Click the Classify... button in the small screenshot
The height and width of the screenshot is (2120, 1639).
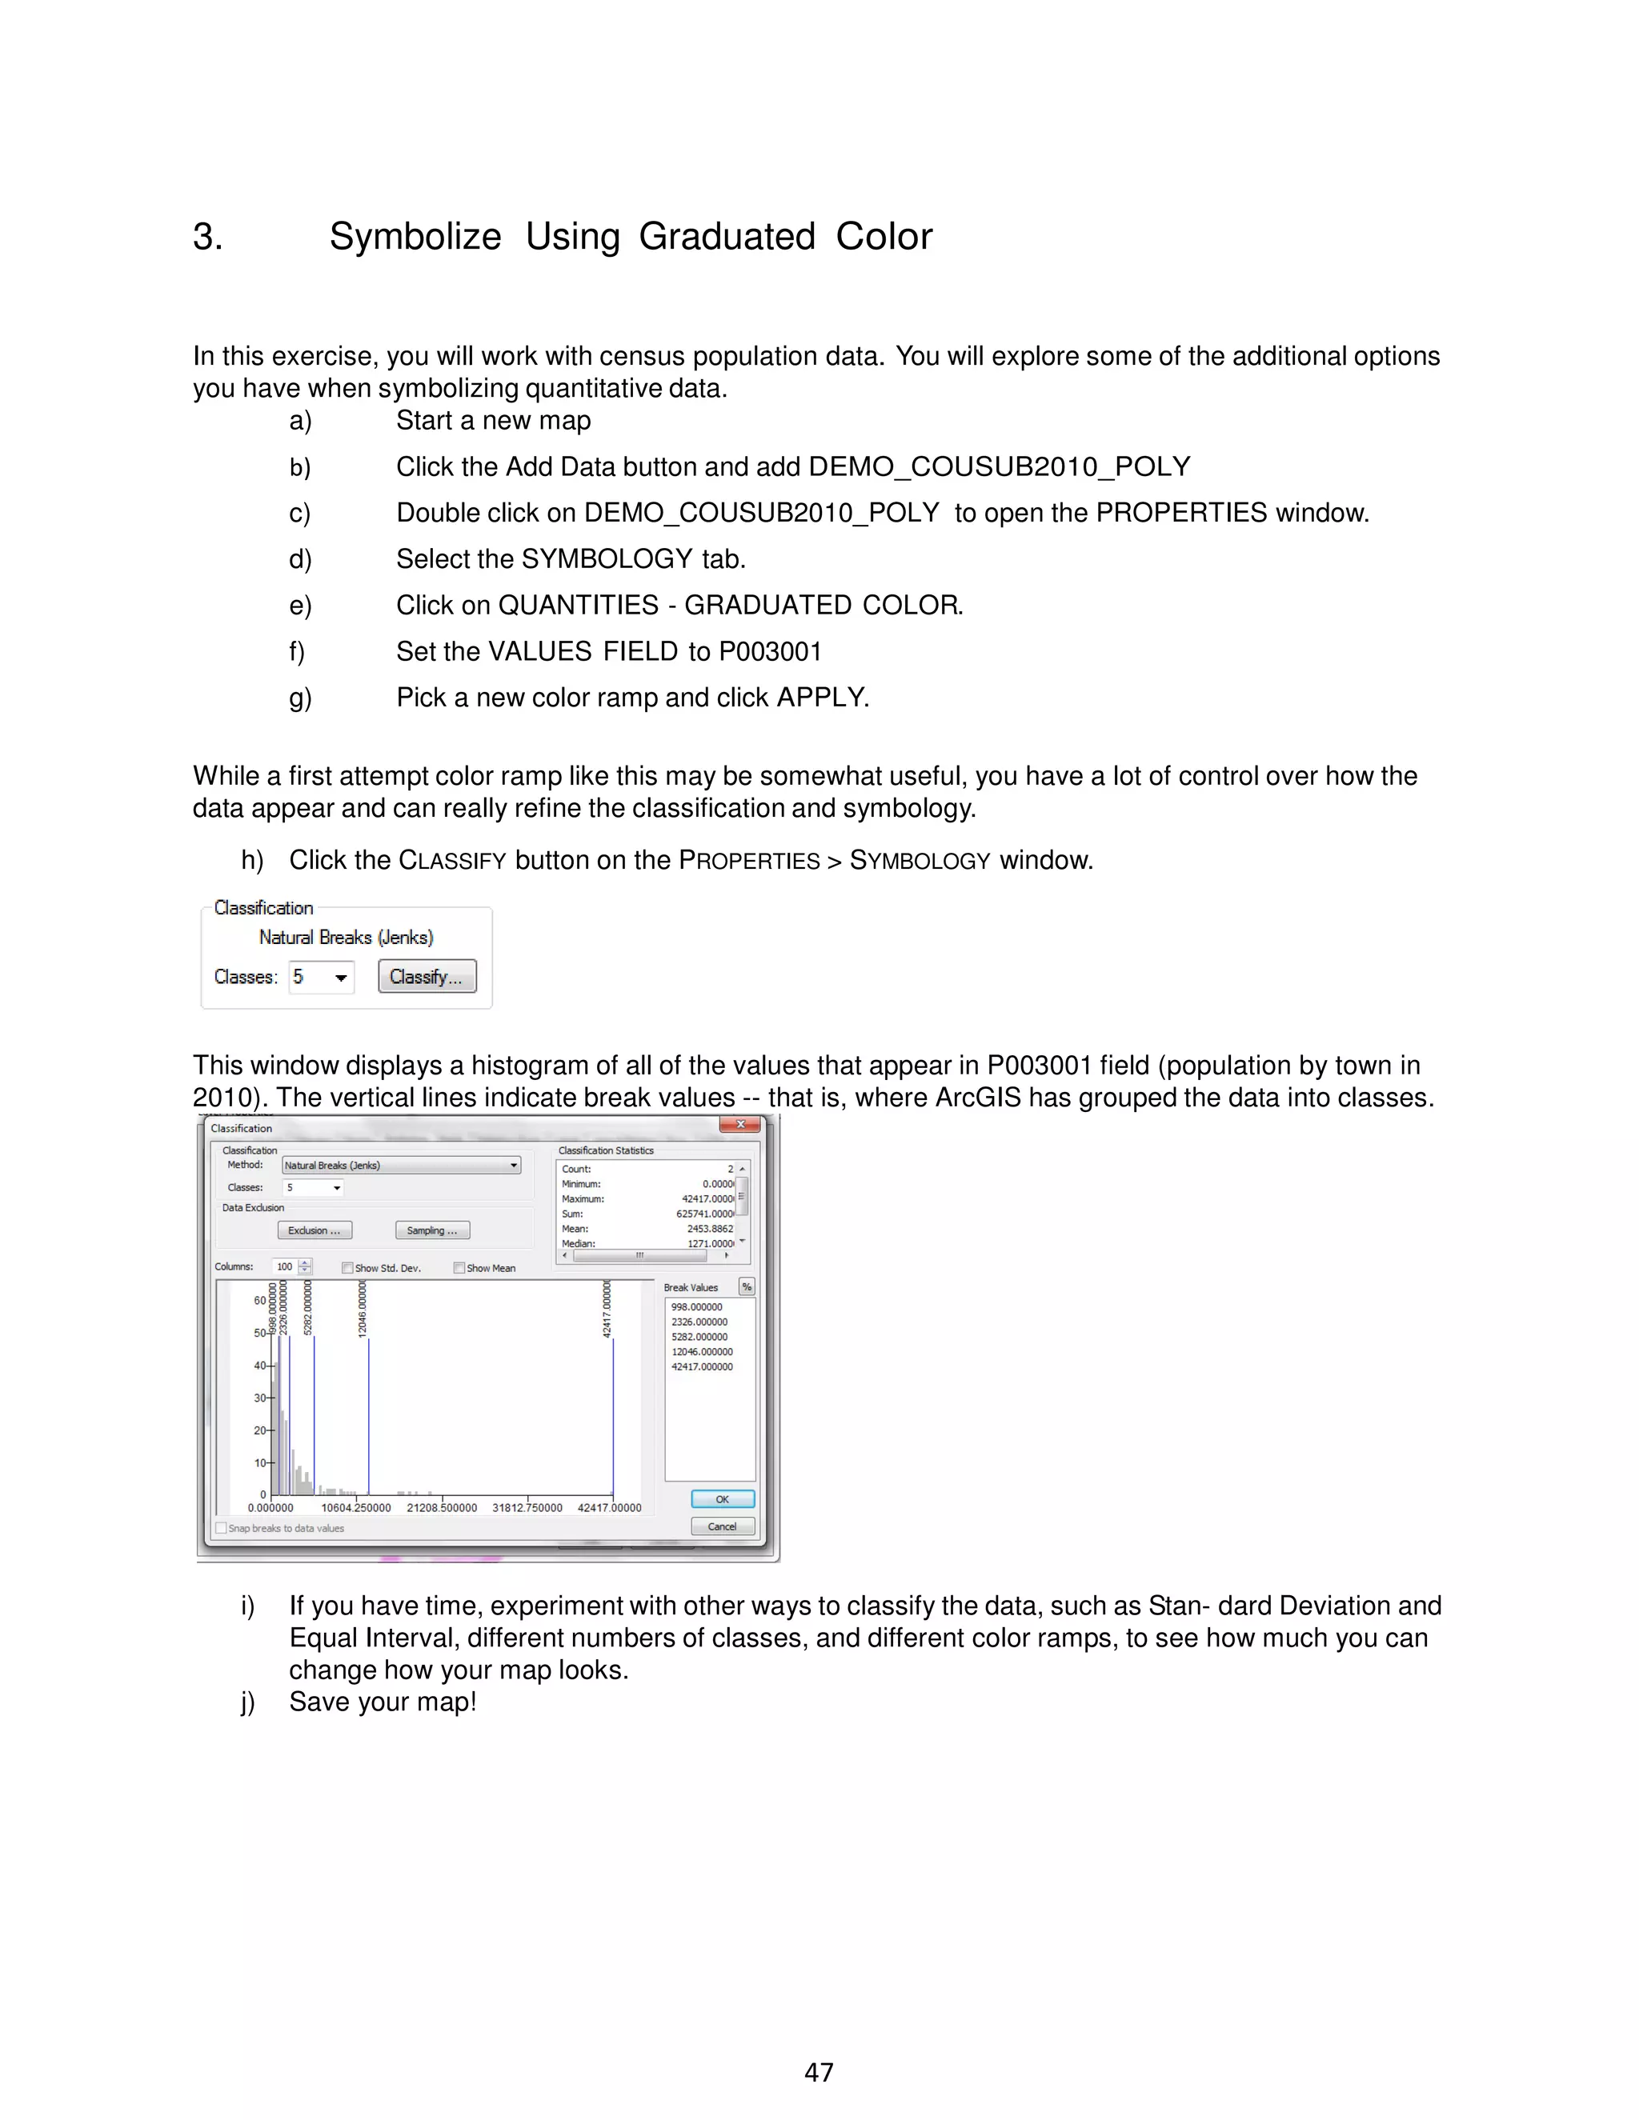pos(427,977)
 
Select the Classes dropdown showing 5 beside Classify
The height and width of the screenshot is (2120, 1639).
pos(322,977)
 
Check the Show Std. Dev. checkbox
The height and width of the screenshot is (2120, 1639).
pos(347,1268)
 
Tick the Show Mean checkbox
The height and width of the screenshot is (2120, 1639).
pos(459,1268)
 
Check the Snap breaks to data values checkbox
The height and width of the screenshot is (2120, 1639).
pos(222,1528)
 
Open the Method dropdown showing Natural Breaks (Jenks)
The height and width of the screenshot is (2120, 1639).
pos(401,1165)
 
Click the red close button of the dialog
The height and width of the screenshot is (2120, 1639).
pos(740,1124)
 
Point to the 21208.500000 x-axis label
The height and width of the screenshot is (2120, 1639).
pos(442,1507)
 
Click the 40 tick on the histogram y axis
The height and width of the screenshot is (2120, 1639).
pos(260,1366)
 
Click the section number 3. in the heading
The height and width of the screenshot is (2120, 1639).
pos(208,237)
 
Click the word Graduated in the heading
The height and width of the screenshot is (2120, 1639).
pos(727,237)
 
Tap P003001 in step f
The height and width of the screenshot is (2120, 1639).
pos(770,651)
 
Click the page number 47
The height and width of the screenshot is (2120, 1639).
pos(819,2073)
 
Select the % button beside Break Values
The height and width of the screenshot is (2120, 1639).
pos(747,1287)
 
